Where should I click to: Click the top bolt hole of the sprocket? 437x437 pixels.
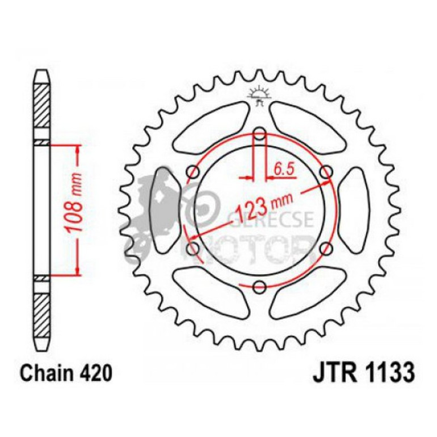[259, 135]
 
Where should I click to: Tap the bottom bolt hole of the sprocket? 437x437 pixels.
[259, 287]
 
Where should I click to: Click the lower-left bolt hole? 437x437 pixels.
[194, 249]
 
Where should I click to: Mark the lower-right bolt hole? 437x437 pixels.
[326, 249]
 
